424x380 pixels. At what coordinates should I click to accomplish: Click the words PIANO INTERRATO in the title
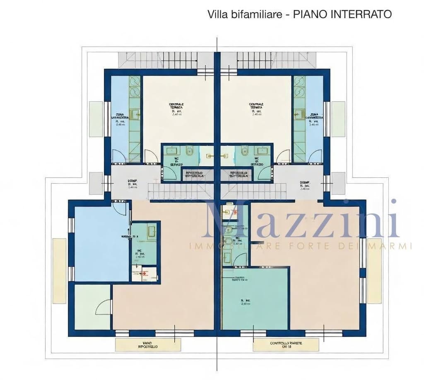[x=342, y=14]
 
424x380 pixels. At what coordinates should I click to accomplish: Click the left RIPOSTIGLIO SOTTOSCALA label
[x=193, y=174]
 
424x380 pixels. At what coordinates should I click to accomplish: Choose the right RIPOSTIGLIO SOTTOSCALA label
[x=240, y=174]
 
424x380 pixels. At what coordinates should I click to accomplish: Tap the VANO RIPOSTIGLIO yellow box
[x=148, y=345]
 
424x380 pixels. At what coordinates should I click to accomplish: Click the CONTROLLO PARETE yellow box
[x=286, y=345]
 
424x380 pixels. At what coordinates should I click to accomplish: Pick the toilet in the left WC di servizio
[x=190, y=152]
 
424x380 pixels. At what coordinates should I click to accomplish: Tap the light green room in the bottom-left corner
[x=92, y=307]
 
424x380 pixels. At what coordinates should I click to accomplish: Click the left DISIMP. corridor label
[x=132, y=184]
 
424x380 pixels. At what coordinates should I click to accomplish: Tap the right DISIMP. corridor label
[x=306, y=184]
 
